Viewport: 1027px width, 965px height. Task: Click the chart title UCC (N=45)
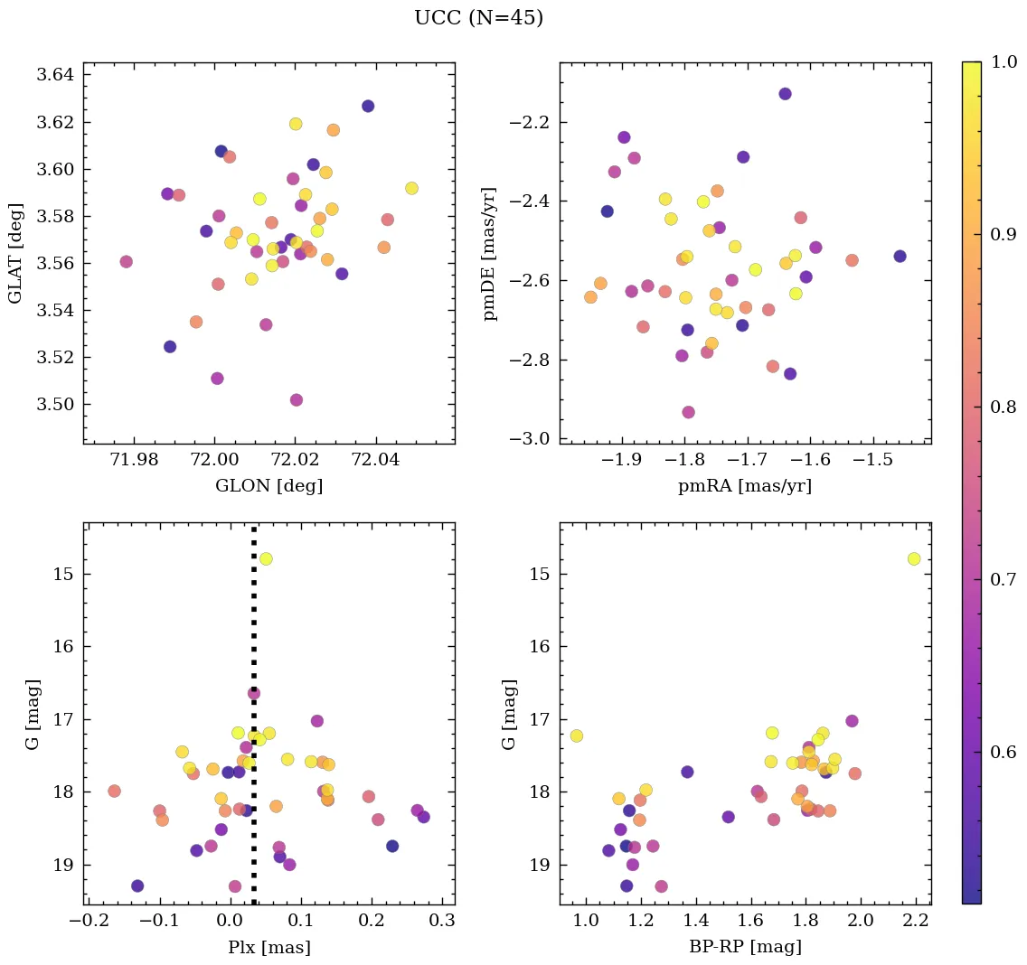478,18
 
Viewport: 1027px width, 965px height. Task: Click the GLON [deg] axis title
269,486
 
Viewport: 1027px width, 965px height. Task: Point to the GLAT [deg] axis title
15,253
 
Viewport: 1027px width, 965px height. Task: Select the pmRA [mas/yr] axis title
745,486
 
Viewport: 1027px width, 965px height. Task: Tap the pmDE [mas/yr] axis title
490,253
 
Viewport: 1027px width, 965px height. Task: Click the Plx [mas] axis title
269,947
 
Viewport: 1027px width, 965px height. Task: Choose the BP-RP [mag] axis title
745,947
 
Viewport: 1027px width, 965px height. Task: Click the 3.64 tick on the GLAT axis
56,75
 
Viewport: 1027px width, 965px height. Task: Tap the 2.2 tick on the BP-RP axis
916,923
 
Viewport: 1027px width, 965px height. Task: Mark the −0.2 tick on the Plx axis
87,923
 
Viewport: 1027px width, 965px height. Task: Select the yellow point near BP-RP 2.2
914,559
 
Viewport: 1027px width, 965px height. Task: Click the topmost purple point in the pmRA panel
785,94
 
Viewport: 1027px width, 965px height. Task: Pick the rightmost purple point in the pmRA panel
900,256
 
